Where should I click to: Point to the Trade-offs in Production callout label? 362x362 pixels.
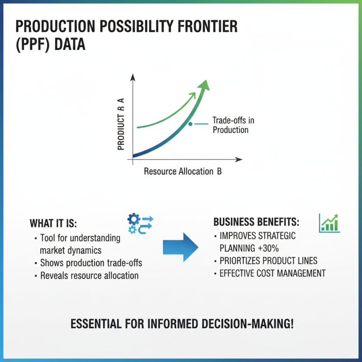coord(230,125)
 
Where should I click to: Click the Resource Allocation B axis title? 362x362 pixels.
coord(182,171)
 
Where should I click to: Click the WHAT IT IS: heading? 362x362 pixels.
coord(53,224)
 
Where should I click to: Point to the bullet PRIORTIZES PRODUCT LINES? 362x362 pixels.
coord(268,261)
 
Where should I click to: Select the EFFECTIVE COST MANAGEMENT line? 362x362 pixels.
coord(272,273)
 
